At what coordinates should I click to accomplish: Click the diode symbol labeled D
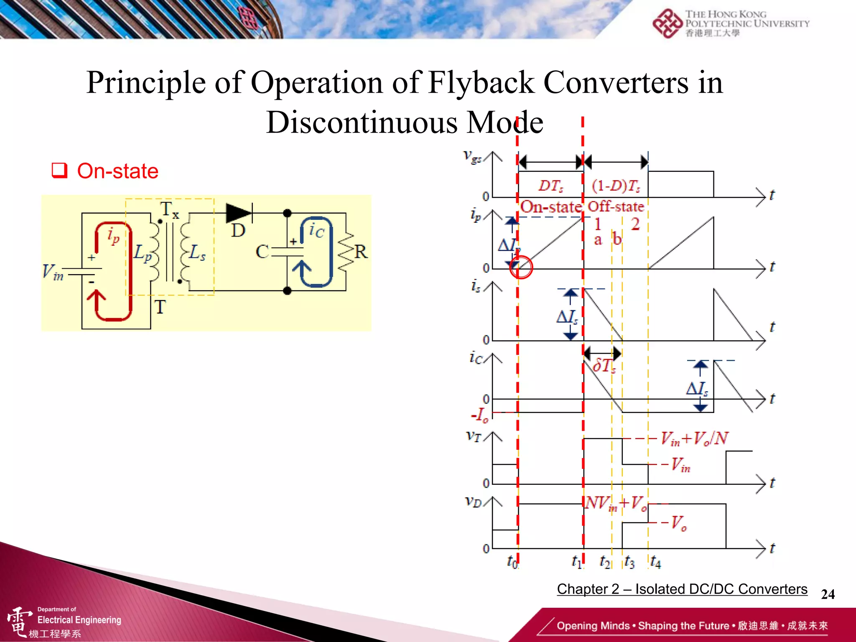(239, 214)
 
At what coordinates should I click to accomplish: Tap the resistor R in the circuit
(346, 252)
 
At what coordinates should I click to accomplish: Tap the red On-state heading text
(118, 171)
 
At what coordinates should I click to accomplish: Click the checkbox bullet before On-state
(59, 171)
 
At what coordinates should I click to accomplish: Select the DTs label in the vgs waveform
(550, 186)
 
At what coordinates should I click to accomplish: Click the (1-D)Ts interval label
(616, 186)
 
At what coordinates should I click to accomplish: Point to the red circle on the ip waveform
(521, 267)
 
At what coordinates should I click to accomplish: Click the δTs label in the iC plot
(604, 366)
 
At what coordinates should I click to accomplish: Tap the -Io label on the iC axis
(480, 415)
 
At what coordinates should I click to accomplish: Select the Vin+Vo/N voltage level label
(694, 438)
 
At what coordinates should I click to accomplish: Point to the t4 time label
(655, 562)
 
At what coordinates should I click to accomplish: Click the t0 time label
(512, 561)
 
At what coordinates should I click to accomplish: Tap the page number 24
(828, 594)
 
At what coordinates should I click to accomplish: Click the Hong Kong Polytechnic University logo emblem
(667, 23)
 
